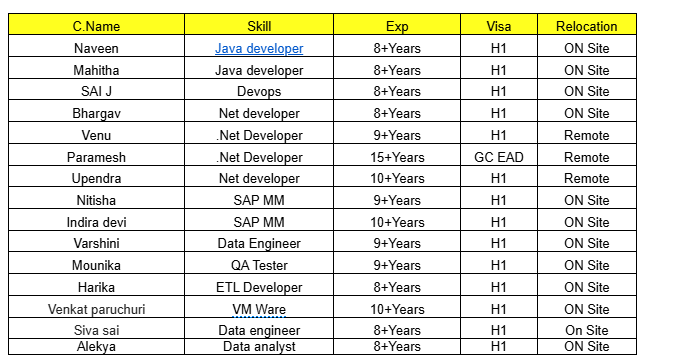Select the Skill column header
(x=258, y=26)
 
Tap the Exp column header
(x=397, y=26)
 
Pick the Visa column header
(x=498, y=26)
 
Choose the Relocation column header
(x=586, y=26)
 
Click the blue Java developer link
(x=259, y=48)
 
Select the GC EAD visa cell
(x=498, y=157)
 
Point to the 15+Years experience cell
(x=397, y=157)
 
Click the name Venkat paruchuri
(x=96, y=309)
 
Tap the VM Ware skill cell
(x=259, y=309)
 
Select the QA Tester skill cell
(x=259, y=266)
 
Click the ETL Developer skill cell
(x=259, y=288)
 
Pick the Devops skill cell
(x=259, y=92)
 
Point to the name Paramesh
(x=96, y=157)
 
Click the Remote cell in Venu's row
(x=586, y=135)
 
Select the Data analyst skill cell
(x=259, y=346)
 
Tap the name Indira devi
(x=96, y=222)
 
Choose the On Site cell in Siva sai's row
(x=586, y=331)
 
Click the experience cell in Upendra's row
(x=397, y=179)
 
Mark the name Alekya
(x=96, y=346)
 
